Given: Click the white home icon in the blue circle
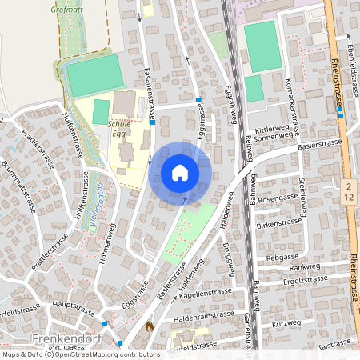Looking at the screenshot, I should [180, 173].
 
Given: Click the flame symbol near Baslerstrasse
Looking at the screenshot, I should [149, 326].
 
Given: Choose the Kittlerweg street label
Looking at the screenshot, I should [271, 128].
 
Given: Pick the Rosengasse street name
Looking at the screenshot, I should [278, 197].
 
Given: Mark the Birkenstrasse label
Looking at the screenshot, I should [281, 226].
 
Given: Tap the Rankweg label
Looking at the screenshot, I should [304, 267].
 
